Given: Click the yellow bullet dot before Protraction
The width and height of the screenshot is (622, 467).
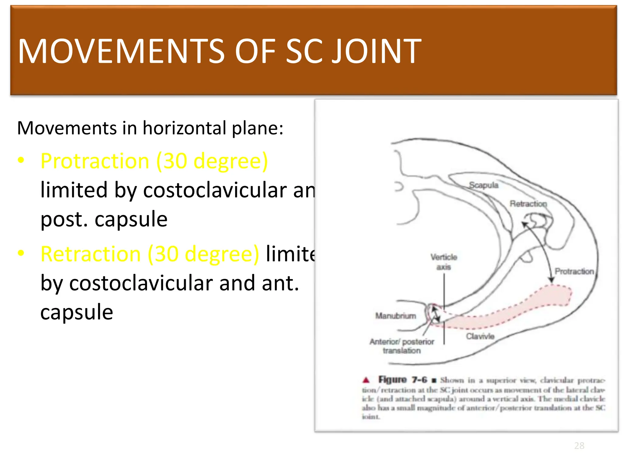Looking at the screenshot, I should coord(21,160).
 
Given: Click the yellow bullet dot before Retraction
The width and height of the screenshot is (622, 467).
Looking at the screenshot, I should coord(21,253).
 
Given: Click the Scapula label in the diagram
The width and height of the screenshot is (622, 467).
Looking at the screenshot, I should coord(484,185).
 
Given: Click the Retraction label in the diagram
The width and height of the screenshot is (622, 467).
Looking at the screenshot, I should coord(528,203).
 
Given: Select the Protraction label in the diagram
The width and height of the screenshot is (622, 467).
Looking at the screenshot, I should coord(574,271).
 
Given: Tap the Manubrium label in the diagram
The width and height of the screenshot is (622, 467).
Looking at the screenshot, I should coord(395,316).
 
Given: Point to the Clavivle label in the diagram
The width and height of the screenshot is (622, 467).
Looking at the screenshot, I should coord(480,336).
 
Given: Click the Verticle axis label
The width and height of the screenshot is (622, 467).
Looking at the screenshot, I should coord(444,262).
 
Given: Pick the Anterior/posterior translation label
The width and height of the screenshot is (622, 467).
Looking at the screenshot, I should coord(402,346).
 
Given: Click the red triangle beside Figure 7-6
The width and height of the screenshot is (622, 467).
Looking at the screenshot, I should coord(366,380).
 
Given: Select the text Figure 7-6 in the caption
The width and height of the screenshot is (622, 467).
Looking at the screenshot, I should coord(402,379).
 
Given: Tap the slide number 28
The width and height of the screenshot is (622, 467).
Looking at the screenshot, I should coord(579,445).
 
